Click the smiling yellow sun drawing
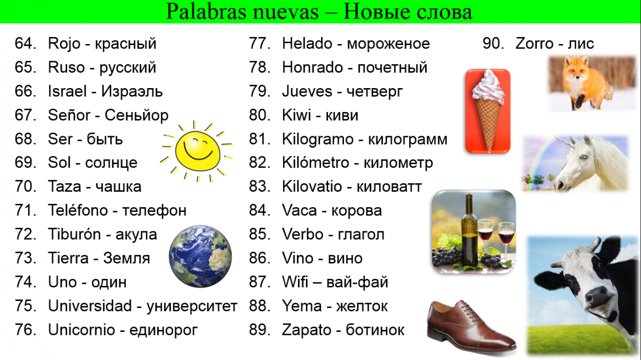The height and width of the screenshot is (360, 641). (197, 151)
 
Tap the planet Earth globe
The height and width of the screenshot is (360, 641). (200, 256)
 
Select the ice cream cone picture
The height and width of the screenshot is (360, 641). (488, 111)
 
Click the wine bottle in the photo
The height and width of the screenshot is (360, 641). (469, 230)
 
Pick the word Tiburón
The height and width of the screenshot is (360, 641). (75, 234)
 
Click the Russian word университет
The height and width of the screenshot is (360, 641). (192, 306)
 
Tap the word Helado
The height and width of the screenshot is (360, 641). (307, 44)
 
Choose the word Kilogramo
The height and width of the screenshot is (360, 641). (318, 140)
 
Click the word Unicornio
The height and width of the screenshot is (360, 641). (81, 329)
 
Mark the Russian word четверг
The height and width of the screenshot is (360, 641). (375, 92)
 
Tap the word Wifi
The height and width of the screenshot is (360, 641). (295, 282)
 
